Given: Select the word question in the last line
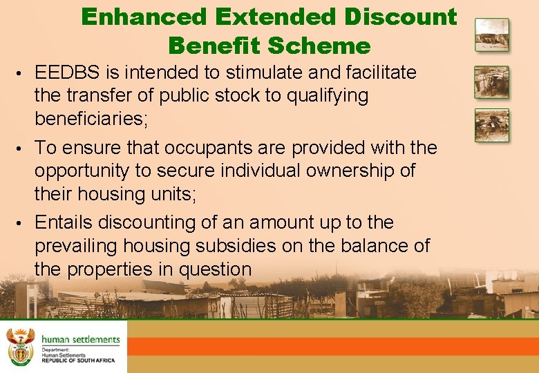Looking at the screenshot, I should tap(215, 269).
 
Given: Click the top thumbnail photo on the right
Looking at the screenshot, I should tap(491, 35).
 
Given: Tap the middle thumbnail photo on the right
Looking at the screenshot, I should tap(491, 82).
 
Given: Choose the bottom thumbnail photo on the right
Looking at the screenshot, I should tap(491, 125).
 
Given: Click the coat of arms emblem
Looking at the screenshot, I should tap(19, 346).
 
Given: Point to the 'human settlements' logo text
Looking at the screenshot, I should tap(80, 340).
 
